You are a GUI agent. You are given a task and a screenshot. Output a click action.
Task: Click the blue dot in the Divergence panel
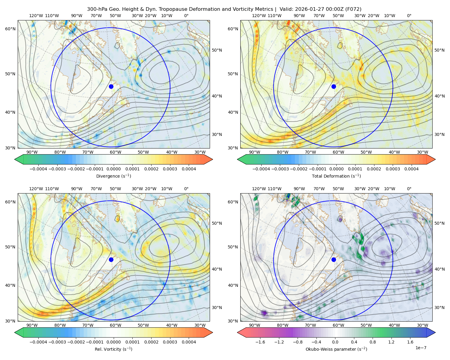click(111, 87)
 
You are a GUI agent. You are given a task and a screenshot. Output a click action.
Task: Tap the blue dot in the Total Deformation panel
click(334, 87)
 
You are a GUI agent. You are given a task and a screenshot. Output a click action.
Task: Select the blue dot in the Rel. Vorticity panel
click(111, 259)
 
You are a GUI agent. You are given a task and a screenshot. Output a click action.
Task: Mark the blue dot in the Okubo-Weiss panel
click(334, 259)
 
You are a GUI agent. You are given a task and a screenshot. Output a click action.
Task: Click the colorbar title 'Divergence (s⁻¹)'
click(113, 176)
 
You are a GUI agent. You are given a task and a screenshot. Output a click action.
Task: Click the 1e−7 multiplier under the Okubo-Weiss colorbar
click(421, 348)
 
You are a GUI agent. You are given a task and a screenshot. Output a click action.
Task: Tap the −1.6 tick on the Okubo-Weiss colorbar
click(260, 342)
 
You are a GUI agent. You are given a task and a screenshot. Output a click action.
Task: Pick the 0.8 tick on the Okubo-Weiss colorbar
click(373, 342)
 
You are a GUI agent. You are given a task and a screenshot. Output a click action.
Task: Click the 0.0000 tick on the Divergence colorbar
click(113, 169)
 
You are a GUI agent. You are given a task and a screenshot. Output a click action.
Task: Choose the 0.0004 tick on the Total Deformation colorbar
click(411, 169)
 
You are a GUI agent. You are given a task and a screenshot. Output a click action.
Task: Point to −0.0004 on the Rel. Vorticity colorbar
click(38, 342)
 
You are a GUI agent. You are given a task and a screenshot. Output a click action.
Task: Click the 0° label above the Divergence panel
click(186, 16)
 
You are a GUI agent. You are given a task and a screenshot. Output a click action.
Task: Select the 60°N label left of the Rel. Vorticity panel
click(10, 202)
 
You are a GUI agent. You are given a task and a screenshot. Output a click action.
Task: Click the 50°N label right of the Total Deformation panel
click(439, 50)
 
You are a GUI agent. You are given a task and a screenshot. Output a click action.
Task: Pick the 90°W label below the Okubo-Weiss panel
click(254, 325)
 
